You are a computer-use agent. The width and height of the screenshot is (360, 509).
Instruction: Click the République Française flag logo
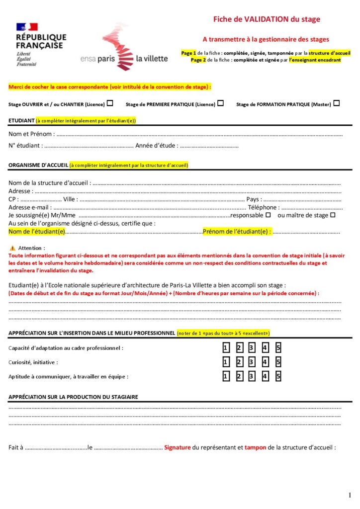pos(27,26)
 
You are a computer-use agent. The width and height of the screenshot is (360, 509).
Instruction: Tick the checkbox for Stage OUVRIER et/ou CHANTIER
pos(110,103)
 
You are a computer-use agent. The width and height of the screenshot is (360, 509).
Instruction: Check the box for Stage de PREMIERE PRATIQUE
pos(220,103)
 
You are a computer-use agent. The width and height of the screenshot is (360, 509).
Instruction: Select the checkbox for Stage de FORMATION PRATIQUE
pos(337,103)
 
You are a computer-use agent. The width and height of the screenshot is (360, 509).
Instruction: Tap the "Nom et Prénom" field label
pos(30,134)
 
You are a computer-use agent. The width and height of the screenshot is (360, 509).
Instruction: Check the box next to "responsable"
pos(268,215)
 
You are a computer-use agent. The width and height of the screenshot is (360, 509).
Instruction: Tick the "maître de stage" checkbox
pos(333,215)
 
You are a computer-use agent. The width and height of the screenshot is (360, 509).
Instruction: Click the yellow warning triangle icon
pos(12,248)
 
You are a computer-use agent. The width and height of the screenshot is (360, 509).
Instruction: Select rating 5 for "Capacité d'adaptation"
pos(278,347)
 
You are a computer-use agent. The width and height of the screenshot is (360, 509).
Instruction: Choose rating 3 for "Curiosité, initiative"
pos(252,362)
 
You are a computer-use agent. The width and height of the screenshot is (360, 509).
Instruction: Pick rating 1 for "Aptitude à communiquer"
pos(225,376)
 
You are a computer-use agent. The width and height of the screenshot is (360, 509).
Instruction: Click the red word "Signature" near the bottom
pos(178,447)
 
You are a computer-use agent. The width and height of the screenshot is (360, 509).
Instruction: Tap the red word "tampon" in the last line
pos(255,447)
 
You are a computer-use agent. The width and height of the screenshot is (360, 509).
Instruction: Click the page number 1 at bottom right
pos(350,495)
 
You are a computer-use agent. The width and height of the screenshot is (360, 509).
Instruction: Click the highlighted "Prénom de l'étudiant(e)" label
pos(236,232)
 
